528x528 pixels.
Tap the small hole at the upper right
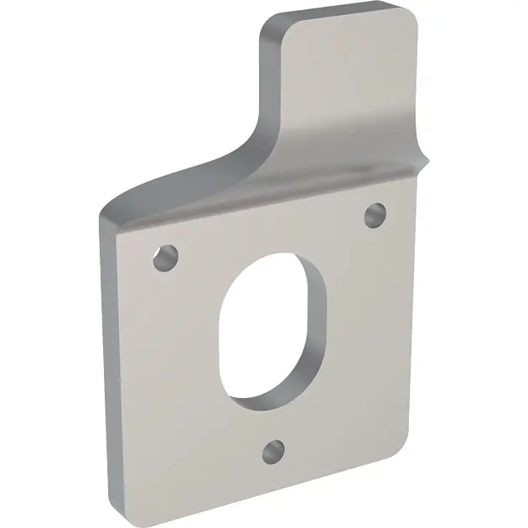pyautogui.click(x=375, y=214)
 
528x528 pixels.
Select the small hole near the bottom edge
pyautogui.click(x=272, y=451)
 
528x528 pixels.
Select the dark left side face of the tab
pyautogui.click(x=270, y=84)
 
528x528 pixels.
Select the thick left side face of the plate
pyautogui.click(x=106, y=352)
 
